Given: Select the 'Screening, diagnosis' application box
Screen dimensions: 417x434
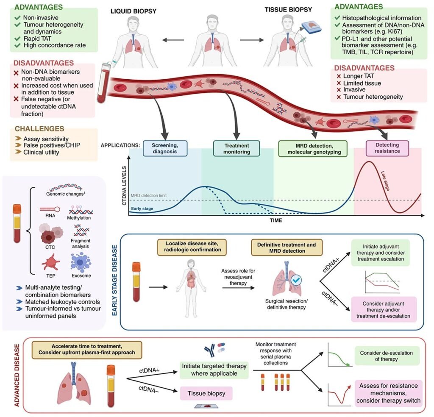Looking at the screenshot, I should tap(165, 148).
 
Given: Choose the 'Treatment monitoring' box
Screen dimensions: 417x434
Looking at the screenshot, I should tap(237, 148).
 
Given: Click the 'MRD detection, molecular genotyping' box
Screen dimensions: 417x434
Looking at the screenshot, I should tap(312, 148).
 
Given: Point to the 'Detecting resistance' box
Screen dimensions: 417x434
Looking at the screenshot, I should tap(381, 148).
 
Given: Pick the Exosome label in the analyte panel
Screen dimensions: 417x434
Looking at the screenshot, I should tap(82, 275).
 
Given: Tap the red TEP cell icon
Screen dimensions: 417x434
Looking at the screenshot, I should tap(50, 261).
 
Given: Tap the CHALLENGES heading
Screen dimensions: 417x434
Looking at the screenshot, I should tap(39, 128).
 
